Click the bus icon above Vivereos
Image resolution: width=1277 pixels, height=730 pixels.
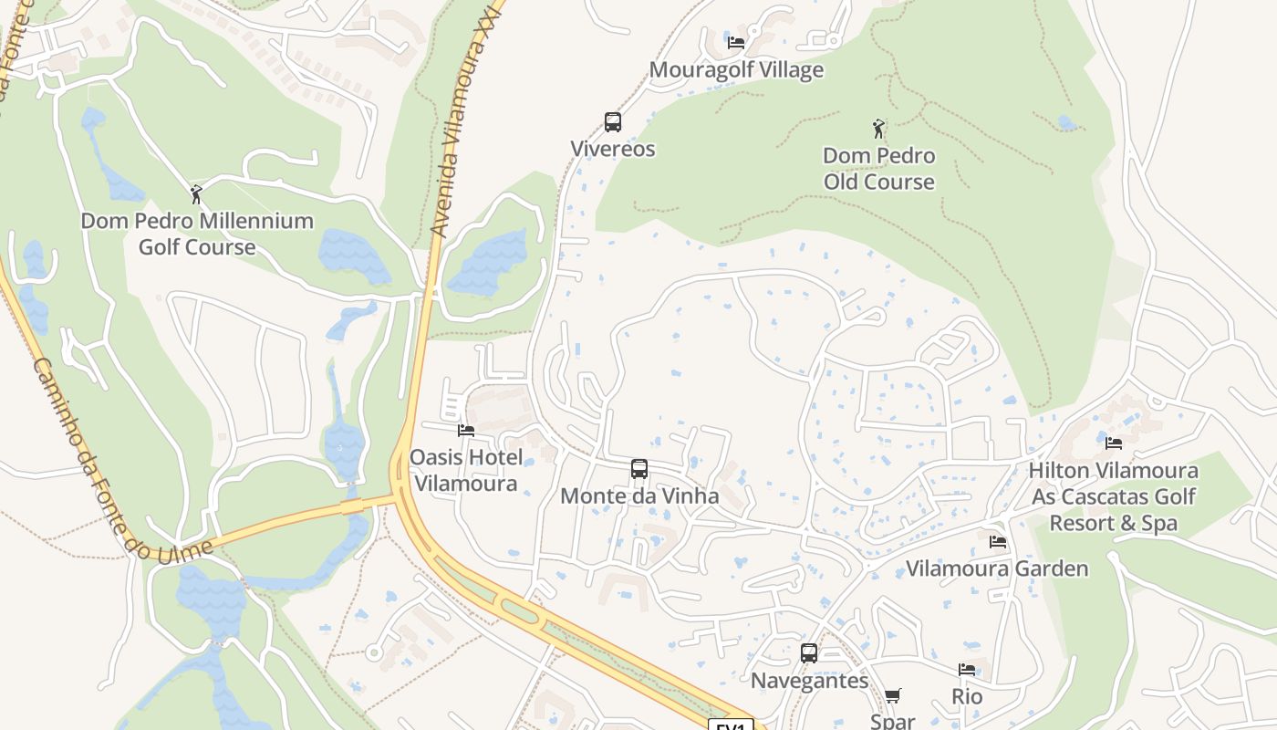click(x=613, y=122)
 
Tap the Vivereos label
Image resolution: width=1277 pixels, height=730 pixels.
click(x=613, y=149)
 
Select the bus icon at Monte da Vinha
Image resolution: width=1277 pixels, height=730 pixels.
click(x=639, y=469)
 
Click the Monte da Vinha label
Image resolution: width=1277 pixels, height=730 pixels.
click(x=639, y=496)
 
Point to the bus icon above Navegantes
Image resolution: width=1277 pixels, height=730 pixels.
click(x=809, y=653)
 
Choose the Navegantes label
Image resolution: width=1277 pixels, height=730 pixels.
click(x=809, y=681)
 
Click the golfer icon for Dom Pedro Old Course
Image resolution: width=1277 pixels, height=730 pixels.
click(x=878, y=128)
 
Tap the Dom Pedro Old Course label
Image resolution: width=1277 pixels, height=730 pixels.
click(x=879, y=169)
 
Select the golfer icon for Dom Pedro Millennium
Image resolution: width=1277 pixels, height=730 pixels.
click(x=196, y=193)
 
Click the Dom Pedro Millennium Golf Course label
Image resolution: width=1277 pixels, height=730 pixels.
click(x=197, y=234)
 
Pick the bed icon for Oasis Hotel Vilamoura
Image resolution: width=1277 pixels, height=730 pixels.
click(x=466, y=430)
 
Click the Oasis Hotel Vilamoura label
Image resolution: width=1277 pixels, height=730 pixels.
click(x=466, y=470)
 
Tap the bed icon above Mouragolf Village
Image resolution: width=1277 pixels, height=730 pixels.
click(x=736, y=42)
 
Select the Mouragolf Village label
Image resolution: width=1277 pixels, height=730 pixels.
click(x=736, y=70)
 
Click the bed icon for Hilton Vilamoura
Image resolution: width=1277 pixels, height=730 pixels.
click(x=1114, y=443)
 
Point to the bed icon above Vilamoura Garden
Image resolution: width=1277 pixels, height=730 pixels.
click(x=998, y=542)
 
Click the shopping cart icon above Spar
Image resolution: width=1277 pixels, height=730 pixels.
click(x=893, y=695)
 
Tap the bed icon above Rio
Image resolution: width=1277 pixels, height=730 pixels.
click(x=967, y=670)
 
